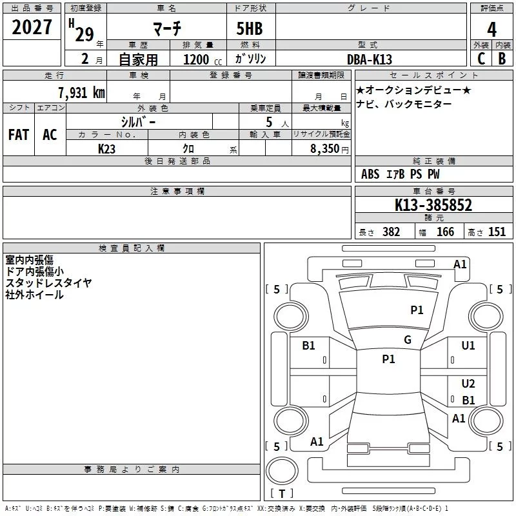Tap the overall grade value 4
coord(491,30)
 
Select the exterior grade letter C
coord(481,58)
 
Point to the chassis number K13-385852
coord(433,206)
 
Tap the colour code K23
coord(107,148)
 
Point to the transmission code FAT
coord(19,134)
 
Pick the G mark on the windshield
coord(407,340)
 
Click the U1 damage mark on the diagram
coord(468,346)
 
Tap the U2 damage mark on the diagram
coord(468,384)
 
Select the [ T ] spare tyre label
coord(282,493)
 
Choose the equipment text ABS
coord(370,174)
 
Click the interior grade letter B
coord(502,58)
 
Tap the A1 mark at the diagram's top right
coord(460,264)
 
